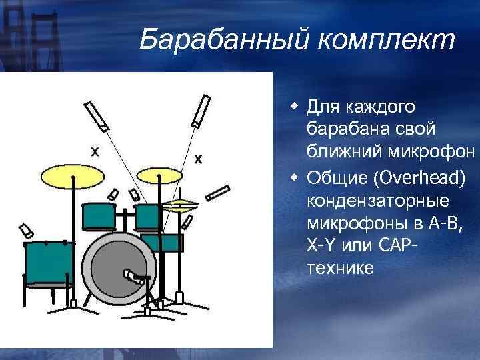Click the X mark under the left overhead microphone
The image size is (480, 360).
coord(95,152)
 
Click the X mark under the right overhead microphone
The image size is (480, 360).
coord(198,159)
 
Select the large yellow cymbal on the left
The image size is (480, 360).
coord(73,175)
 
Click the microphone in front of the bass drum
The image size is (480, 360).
coord(134,275)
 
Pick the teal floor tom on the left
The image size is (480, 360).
coord(49,263)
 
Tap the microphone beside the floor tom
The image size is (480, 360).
coord(27,231)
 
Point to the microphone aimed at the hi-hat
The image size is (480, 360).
coord(217,193)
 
